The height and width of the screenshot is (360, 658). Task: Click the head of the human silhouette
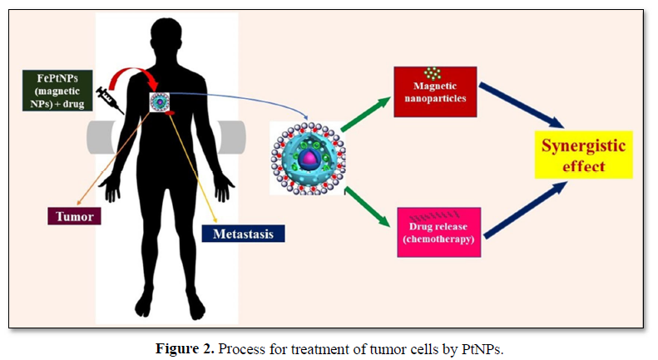pyautogui.click(x=168, y=37)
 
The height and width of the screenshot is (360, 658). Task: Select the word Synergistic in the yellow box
pyautogui.click(x=582, y=146)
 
